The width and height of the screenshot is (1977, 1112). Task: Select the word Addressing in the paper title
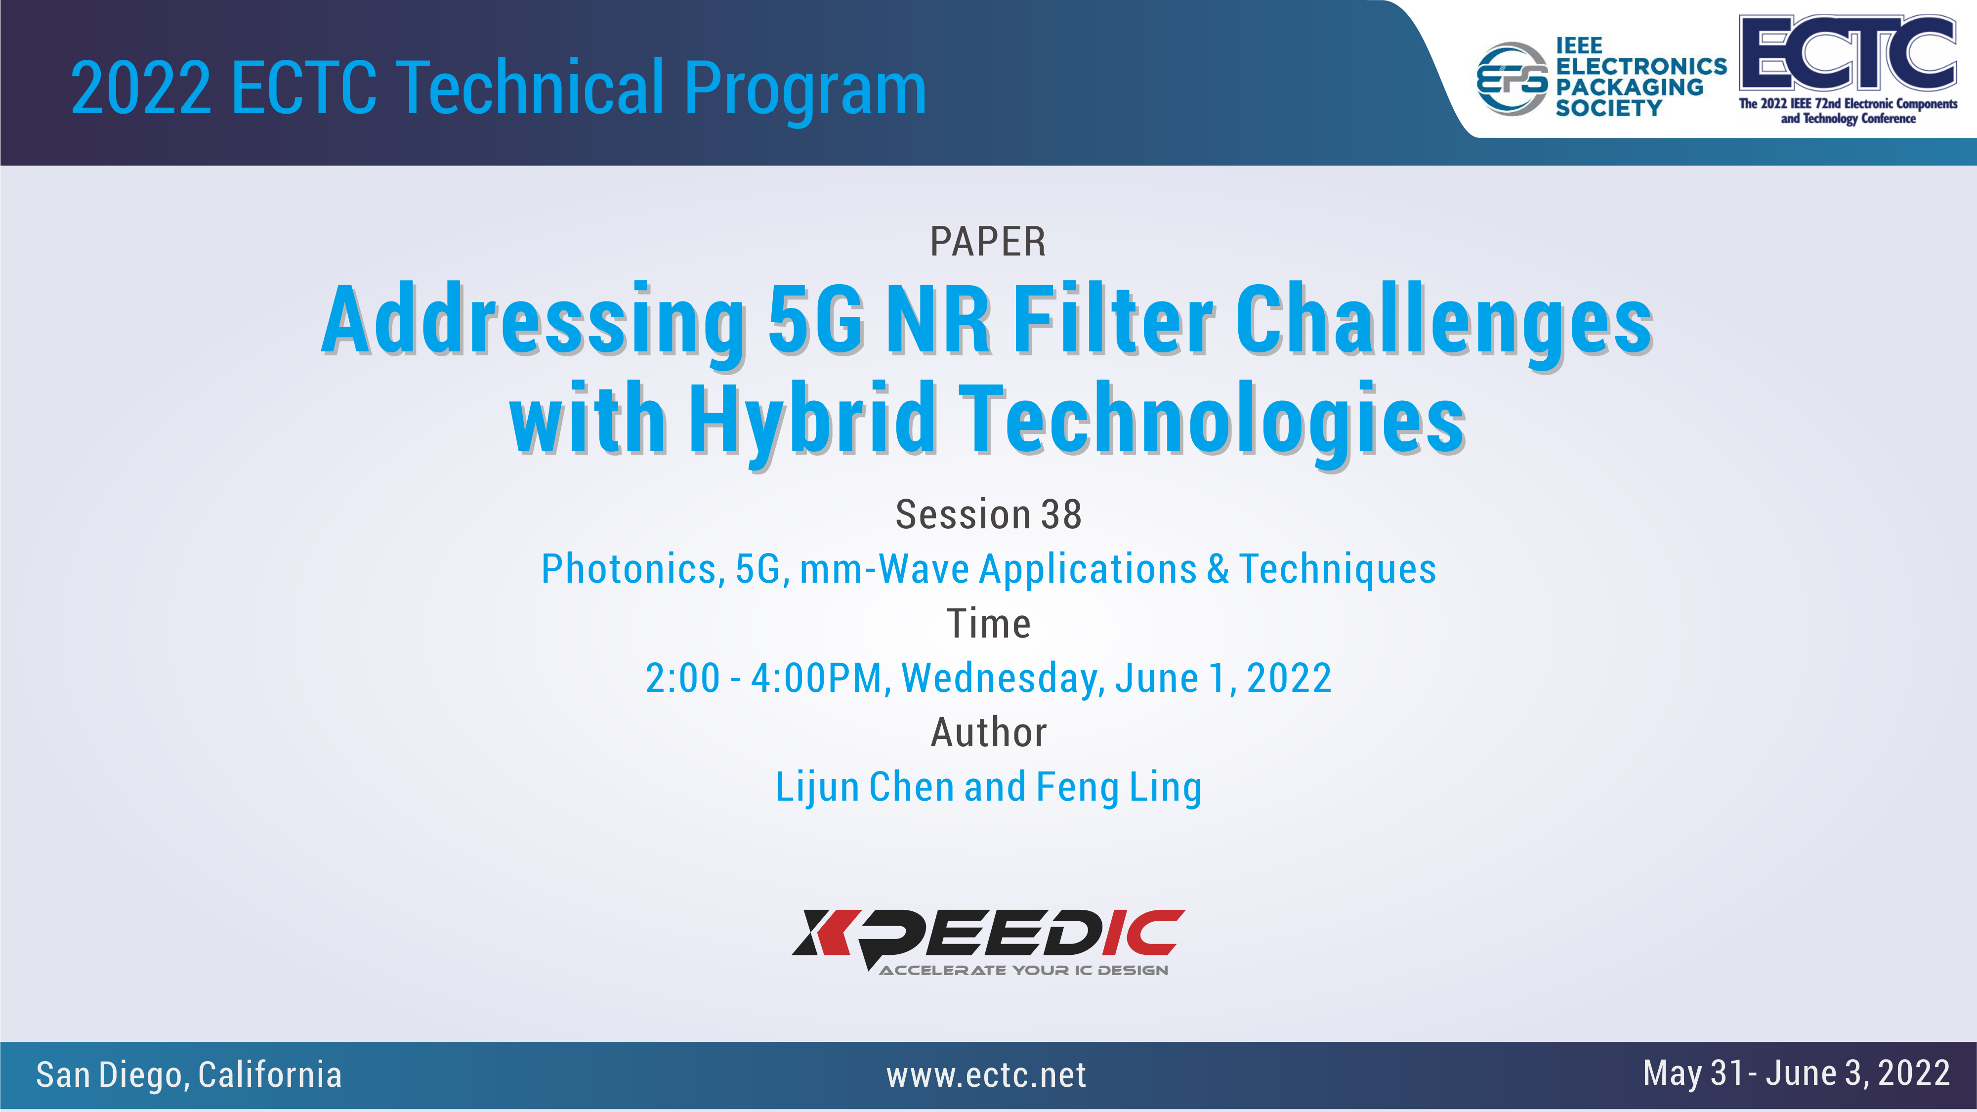click(x=533, y=321)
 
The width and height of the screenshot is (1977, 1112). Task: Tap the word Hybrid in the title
click(x=812, y=421)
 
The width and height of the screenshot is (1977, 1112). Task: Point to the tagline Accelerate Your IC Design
click(x=1024, y=970)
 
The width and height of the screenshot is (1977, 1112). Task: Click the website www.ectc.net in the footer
click(x=986, y=1075)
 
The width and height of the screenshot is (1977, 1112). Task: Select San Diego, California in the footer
click(x=189, y=1075)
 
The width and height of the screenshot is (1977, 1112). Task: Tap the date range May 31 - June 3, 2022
click(x=1796, y=1073)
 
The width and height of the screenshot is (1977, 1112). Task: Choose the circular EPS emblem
click(x=1513, y=79)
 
